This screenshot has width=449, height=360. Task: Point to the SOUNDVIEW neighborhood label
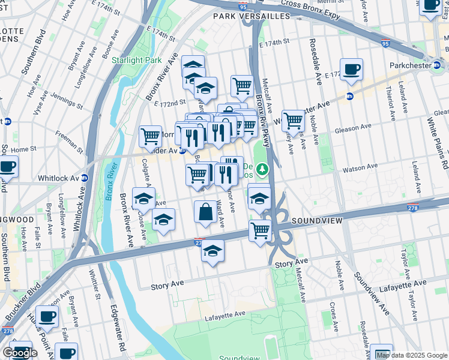pos(317,221)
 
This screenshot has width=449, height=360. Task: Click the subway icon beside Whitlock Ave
pos(85,178)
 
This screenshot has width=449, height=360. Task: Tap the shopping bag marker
pos(205,212)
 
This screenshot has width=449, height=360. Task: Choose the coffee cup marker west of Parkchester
pos(351,70)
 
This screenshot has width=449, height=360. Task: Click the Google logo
pos(20,353)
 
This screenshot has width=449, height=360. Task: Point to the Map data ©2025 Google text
pos(412,355)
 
